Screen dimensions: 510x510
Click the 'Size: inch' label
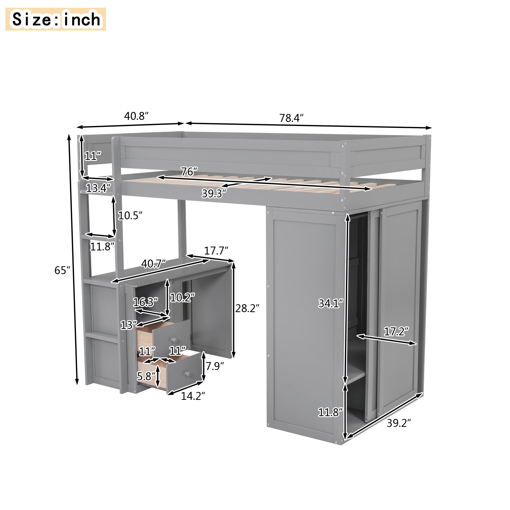pos(56,19)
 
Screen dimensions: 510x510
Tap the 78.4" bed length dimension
pos(291,118)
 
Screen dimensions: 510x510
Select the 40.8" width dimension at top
pos(136,116)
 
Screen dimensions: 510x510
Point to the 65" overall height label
pos(62,270)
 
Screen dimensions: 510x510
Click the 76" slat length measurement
pos(189,172)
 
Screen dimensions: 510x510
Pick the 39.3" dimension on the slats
pos(214,194)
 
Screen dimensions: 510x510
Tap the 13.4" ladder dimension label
pos(98,188)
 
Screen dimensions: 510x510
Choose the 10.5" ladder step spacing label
pos(130,216)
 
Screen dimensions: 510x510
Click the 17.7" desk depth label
pos(216,250)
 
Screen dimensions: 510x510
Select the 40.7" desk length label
pos(153,263)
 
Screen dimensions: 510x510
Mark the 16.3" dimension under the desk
pos(145,302)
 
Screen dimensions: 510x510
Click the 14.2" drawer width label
pos(193,396)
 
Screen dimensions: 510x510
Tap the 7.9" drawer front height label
pos(215,366)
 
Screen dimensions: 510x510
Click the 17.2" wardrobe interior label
pos(396,331)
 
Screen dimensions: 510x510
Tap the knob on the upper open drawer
pos(173,340)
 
